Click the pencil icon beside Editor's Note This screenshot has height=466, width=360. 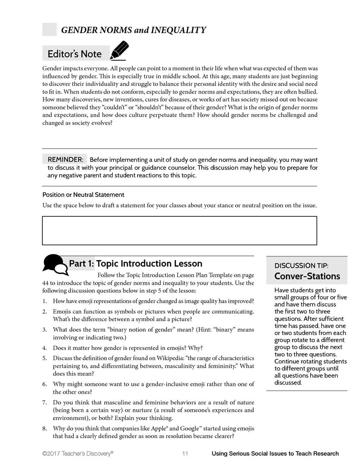point(119,51)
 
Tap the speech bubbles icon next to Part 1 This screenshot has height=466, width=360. point(54,265)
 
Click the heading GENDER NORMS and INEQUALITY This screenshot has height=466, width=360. point(133,30)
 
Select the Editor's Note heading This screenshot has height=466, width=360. point(75,54)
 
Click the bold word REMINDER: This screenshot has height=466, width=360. point(66,160)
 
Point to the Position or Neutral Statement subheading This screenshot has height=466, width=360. point(83,195)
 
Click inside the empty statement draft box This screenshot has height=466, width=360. point(179,230)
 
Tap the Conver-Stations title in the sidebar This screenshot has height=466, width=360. point(307,276)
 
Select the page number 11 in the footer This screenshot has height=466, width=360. point(185,453)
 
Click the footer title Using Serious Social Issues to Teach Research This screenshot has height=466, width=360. point(275,453)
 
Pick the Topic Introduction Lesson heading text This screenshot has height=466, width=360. point(149,264)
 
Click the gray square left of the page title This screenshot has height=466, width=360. point(49,30)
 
